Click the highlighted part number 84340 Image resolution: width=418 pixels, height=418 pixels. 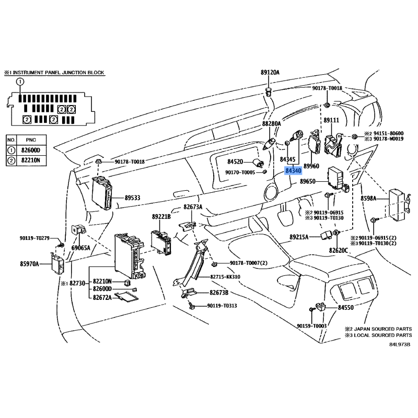293,170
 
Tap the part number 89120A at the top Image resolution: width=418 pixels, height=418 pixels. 270,72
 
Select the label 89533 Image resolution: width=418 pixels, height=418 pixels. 134,198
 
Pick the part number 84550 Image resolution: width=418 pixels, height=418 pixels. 346,309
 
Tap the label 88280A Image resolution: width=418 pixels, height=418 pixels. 271,124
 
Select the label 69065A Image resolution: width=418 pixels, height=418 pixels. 82,247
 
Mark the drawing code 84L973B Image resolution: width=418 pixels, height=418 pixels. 400,345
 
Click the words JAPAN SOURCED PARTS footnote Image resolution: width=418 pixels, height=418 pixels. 381,329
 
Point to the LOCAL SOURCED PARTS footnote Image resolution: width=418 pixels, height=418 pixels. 381,334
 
